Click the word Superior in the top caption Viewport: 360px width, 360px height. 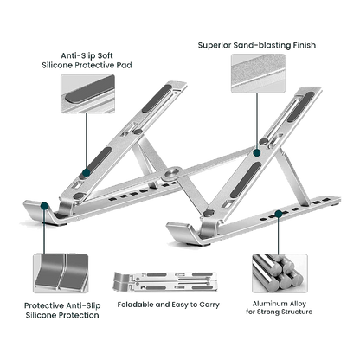(215, 46)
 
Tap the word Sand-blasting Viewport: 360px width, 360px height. (262, 45)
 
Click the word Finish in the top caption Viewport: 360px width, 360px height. (305, 45)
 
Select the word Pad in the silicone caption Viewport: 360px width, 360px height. (124, 65)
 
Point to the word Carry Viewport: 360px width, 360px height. (209, 305)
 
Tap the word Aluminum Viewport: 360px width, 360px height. (267, 304)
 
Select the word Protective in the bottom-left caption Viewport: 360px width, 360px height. (44, 305)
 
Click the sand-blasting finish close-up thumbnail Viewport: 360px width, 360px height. (258, 74)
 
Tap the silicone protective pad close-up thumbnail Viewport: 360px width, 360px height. (87, 93)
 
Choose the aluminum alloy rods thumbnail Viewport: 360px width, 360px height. (280, 273)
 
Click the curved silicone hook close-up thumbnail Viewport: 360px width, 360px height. (61, 273)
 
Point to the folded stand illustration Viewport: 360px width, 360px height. (165, 281)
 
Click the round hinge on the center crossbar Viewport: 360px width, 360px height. (173, 173)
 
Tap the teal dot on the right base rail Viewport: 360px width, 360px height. (279, 214)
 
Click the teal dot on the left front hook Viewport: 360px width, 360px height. (44, 206)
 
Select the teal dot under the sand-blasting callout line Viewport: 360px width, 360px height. (257, 153)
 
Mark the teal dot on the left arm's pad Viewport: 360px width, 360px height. (86, 173)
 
